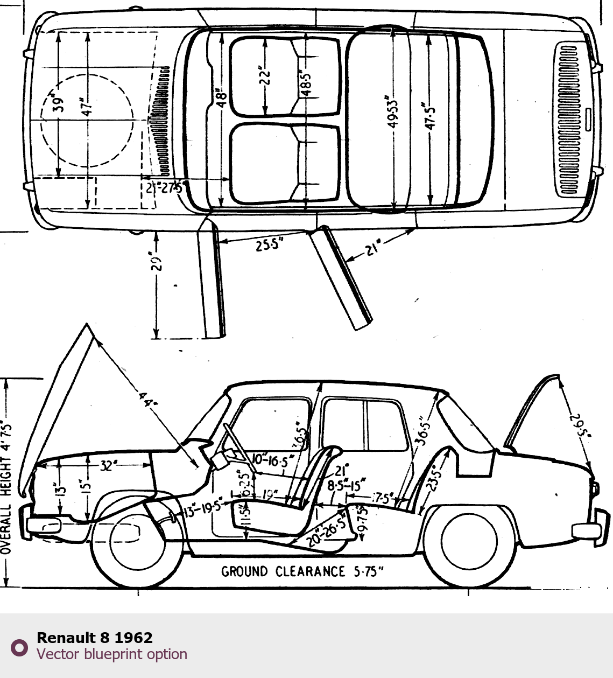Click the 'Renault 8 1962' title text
(95, 638)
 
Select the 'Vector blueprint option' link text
(112, 654)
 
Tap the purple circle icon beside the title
(19, 647)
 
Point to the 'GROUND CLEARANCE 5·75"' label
(302, 571)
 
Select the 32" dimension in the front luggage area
(108, 466)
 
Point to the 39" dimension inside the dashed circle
(59, 102)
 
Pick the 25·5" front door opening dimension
(269, 245)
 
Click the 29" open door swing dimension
(156, 262)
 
